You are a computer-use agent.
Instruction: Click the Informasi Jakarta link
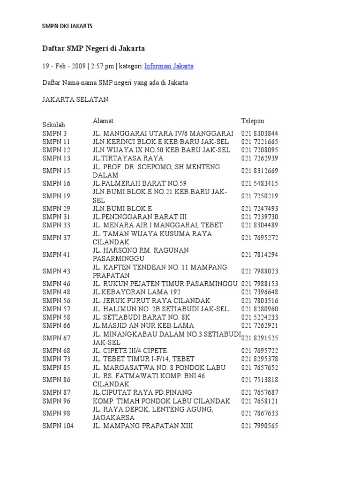169,66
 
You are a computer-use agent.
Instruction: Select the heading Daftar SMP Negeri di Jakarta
93,48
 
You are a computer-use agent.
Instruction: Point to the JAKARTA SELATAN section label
75,99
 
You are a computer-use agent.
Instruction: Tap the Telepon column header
253,120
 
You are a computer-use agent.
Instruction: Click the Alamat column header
103,121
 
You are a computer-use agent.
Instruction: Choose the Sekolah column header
54,125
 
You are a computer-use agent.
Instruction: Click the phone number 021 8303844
260,133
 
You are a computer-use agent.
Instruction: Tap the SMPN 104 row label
58,426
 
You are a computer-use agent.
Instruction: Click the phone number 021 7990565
260,426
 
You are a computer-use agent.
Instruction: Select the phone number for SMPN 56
260,300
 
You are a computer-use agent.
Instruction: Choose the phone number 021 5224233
260,317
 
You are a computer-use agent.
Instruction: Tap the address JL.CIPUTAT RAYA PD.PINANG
142,392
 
